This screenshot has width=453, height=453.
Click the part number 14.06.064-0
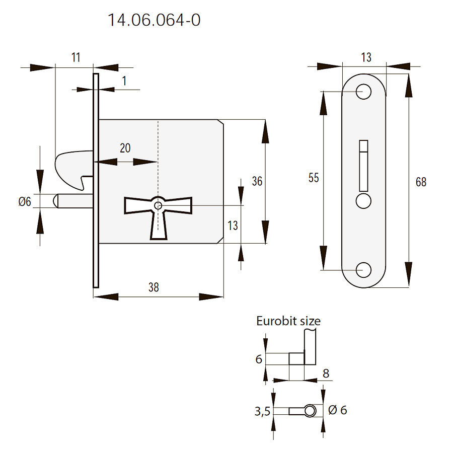tap(154, 21)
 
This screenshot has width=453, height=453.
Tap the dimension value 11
tap(75, 57)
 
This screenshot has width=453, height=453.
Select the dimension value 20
tap(125, 148)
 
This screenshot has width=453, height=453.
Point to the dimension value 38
tap(154, 287)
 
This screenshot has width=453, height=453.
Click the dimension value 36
tap(257, 181)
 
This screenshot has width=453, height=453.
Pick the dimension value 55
tap(314, 178)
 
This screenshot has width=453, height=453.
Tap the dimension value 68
tap(421, 182)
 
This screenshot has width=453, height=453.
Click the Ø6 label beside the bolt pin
tap(25, 202)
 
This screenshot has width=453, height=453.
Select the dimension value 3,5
tap(263, 411)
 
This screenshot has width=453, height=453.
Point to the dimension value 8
tap(326, 373)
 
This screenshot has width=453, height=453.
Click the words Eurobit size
tap(288, 321)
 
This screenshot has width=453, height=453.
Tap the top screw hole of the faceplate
tap(363, 91)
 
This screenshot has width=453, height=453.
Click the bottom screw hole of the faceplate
tap(363, 270)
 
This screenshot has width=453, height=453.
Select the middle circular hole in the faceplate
tap(363, 201)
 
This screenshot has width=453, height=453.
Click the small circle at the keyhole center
tap(159, 205)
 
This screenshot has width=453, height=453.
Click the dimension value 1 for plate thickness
tap(124, 80)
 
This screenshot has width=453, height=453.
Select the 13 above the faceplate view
tap(366, 57)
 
